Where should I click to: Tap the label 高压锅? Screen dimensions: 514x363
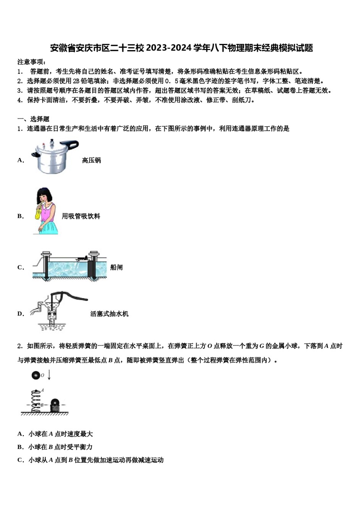[91, 160]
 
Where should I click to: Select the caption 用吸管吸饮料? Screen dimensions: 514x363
[81, 216]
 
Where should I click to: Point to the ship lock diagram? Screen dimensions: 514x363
[69, 266]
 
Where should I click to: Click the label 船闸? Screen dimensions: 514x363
[116, 267]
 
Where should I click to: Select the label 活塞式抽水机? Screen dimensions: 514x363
[109, 314]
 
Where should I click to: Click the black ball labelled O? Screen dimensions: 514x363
[36, 376]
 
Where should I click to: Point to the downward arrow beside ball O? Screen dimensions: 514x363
[49, 375]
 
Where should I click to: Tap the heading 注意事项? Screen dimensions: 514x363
[32, 62]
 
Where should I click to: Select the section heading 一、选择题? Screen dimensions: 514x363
[33, 119]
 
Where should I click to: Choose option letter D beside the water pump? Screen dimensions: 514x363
[21, 314]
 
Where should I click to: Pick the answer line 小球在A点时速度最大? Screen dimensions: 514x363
[60, 434]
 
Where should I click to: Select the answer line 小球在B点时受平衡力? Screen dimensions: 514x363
[60, 447]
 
